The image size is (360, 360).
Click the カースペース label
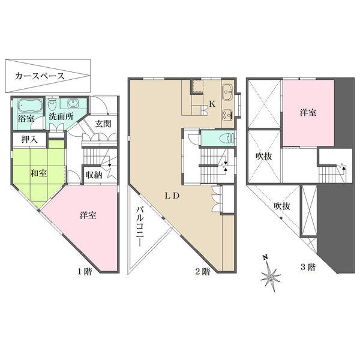click(x=40, y=77)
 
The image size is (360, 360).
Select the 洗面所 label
click(x=61, y=116)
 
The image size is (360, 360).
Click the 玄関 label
click(x=103, y=124)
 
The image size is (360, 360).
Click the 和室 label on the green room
click(x=40, y=173)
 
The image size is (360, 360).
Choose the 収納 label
click(x=93, y=175)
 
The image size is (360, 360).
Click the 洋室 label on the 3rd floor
click(x=309, y=112)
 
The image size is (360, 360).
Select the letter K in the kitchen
click(x=212, y=103)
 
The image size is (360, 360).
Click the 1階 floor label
click(x=84, y=271)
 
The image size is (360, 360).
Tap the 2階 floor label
click(x=202, y=271)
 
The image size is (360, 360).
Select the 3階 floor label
click(x=307, y=268)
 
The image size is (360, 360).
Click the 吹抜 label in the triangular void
click(x=282, y=205)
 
